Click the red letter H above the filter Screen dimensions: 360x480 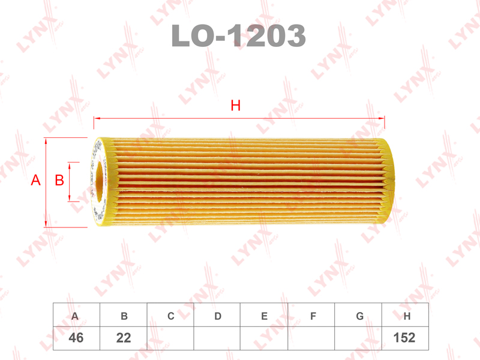[236, 106]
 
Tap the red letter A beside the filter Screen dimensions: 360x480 [35, 180]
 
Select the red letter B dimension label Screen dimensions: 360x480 [59, 180]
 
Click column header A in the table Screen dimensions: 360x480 [76, 316]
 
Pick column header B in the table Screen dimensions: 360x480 [124, 316]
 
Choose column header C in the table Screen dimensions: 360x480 [171, 316]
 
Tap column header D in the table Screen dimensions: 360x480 [218, 316]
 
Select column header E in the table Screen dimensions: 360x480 [265, 316]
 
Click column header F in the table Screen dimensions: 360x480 [313, 316]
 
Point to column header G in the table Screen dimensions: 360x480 [359, 316]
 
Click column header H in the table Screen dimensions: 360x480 [407, 316]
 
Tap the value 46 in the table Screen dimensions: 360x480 [76, 338]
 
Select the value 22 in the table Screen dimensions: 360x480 [124, 338]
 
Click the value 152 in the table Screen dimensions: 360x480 [404, 338]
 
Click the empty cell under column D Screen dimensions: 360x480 [218, 338]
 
